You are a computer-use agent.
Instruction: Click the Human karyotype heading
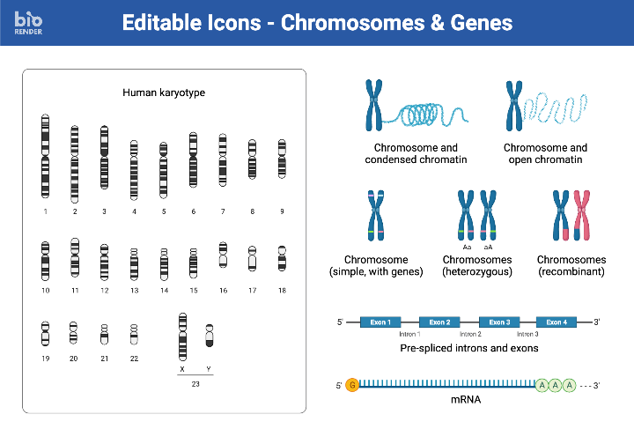point(164,92)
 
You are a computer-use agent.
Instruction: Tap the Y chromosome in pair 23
point(210,336)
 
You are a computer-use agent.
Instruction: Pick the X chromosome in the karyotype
point(182,336)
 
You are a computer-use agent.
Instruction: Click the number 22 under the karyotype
point(134,359)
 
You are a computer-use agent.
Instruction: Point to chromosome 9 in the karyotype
point(282,159)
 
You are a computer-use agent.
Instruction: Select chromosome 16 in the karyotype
point(223,255)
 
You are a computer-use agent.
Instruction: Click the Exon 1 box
point(380,322)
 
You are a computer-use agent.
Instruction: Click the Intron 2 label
point(470,335)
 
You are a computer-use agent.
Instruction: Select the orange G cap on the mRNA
point(352,385)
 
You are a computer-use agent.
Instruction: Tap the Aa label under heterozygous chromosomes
point(467,248)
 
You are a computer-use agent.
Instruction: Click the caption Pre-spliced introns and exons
point(468,348)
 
